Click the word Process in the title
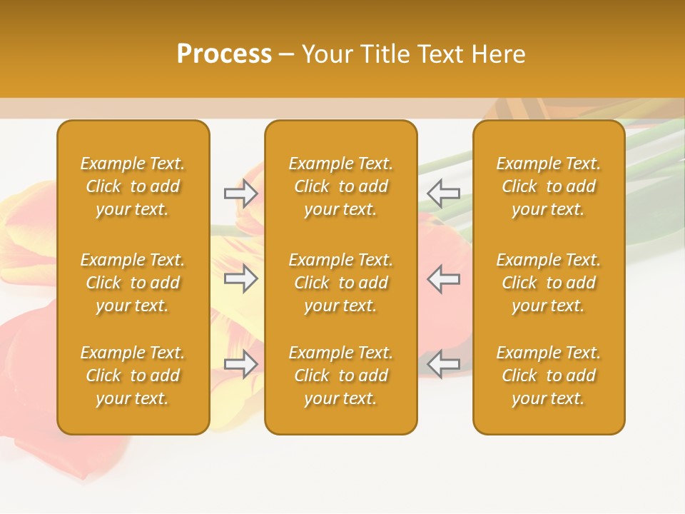tap(224, 54)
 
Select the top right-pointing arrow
tap(241, 193)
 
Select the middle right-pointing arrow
tap(241, 278)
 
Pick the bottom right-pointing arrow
tap(241, 364)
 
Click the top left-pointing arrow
tap(443, 193)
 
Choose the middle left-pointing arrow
tap(443, 278)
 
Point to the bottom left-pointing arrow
tap(443, 364)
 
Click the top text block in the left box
tap(133, 186)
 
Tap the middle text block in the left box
tap(133, 283)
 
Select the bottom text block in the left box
tap(133, 376)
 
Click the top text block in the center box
tap(340, 186)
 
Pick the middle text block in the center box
tap(340, 283)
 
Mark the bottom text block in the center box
tap(340, 376)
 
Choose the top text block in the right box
tap(549, 186)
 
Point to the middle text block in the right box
tap(549, 283)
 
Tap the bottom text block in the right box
tap(549, 376)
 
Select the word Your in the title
tap(325, 54)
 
